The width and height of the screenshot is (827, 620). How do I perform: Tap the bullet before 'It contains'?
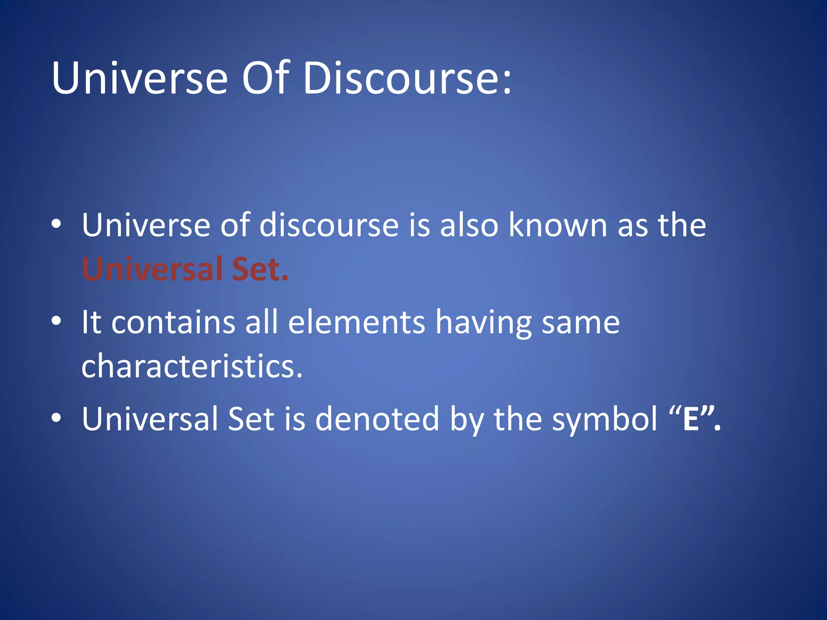57,321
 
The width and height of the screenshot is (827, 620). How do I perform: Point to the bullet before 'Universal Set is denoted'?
57,418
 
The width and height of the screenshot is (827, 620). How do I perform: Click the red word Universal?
152,269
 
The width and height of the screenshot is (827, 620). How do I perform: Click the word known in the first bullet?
558,225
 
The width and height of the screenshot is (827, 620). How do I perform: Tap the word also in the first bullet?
469,225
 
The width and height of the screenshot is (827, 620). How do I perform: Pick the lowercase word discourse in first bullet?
329,225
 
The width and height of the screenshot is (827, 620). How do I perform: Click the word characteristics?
191,366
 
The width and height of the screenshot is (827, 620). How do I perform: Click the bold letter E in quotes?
691,419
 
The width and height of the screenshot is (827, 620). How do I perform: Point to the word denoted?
377,419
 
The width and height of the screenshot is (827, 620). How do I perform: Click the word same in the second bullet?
580,323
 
